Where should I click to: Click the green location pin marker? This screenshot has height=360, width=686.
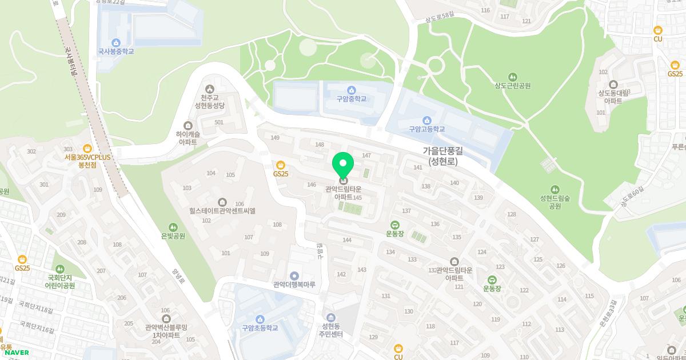pos(343,166)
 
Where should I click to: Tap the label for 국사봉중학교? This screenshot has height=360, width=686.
pos(116,51)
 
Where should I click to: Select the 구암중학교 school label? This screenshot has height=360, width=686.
pos(351,98)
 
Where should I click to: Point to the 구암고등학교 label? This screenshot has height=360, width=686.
pos(426,129)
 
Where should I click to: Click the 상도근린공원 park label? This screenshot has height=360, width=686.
pos(513,86)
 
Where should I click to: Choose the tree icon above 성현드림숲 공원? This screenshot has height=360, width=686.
pos(555,189)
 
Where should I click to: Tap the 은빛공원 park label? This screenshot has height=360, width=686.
pos(173,235)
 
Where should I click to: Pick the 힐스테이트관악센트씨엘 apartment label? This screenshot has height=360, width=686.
pos(222,210)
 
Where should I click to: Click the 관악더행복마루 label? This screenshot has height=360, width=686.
pos(294,284)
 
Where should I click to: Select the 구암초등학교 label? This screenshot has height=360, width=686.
pos(260,328)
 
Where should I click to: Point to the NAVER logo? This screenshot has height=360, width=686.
pos(17,353)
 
